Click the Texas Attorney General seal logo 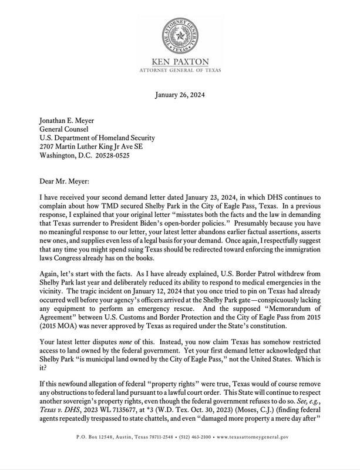pyautogui.click(x=180, y=34)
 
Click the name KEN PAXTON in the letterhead pyautogui.click(x=180, y=62)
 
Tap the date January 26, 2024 pyautogui.click(x=180, y=96)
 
